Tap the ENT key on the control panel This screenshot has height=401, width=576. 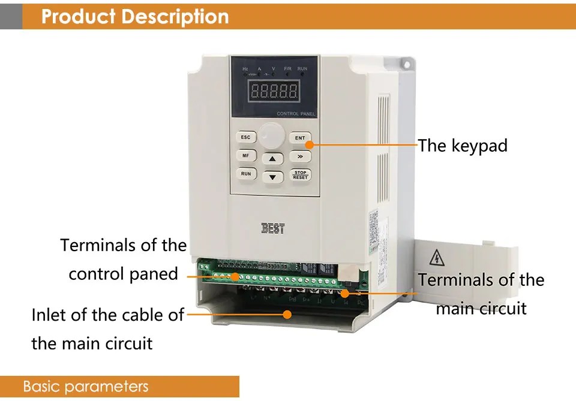(300, 138)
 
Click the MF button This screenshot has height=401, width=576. (245, 156)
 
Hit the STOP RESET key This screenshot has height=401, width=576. (300, 175)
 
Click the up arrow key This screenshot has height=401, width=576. (272, 159)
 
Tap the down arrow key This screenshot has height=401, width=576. (272, 177)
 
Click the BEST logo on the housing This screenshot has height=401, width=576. (273, 228)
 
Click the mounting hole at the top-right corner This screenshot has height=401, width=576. (406, 64)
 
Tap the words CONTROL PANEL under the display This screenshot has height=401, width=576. (296, 114)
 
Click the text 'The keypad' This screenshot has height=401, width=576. (463, 146)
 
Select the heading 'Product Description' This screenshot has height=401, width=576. (135, 16)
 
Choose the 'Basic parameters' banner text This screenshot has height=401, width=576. (85, 387)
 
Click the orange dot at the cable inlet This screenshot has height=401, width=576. (287, 313)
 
